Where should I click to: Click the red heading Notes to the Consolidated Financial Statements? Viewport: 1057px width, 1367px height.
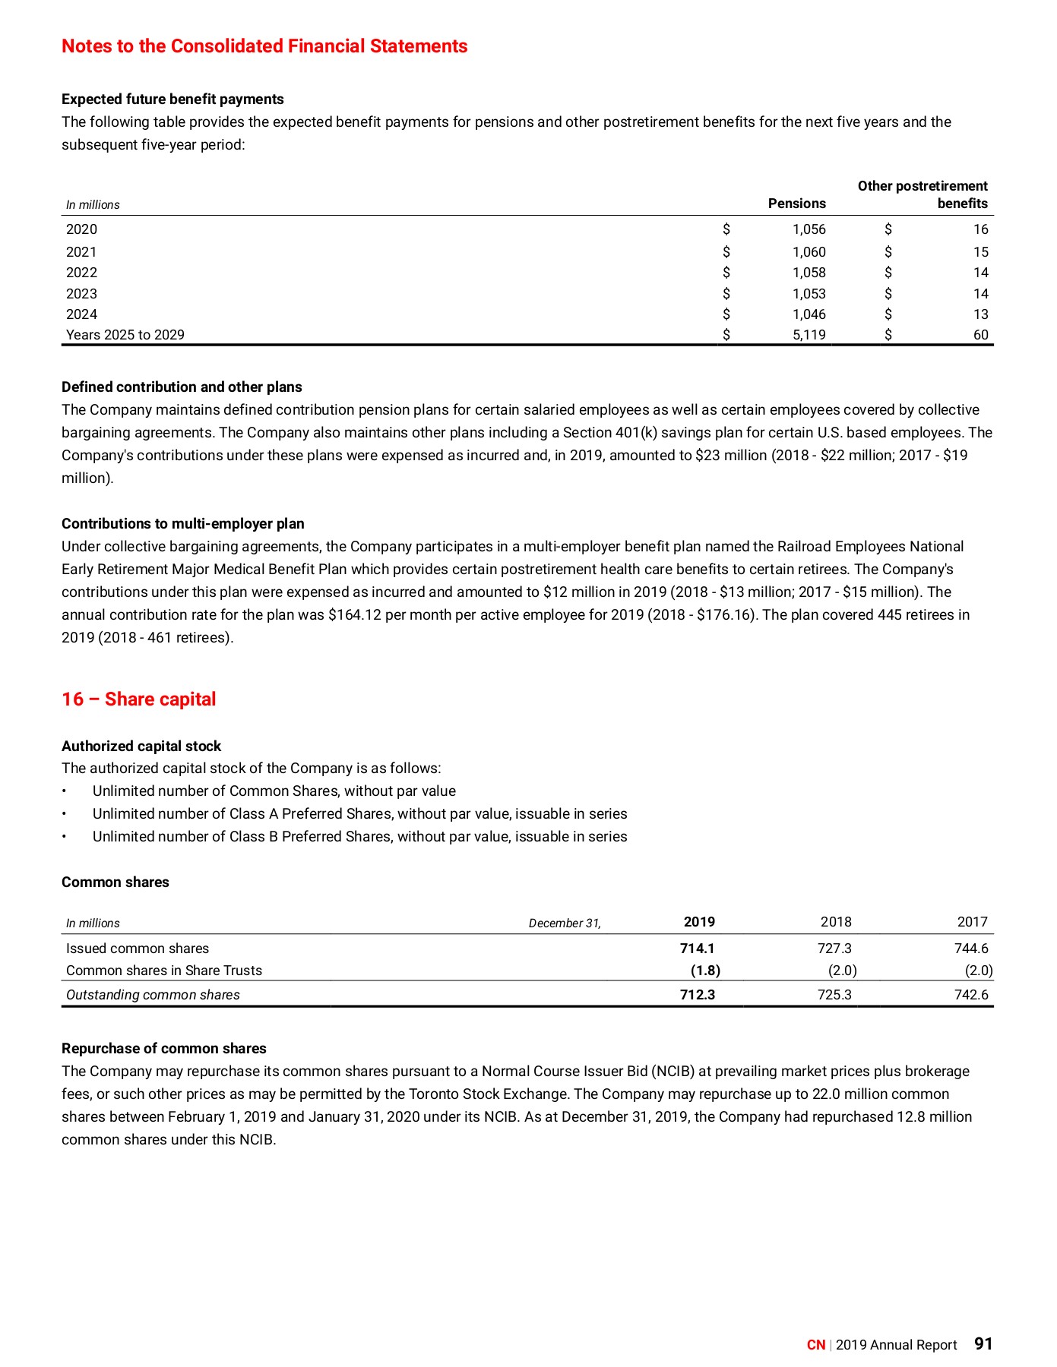tap(264, 46)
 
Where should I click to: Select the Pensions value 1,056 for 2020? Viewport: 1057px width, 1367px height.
tap(809, 229)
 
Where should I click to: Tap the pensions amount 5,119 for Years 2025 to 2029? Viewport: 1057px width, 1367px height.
tap(809, 335)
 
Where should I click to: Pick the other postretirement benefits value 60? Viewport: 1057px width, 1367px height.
tap(980, 335)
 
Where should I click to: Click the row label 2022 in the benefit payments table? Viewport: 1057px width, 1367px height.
tap(81, 273)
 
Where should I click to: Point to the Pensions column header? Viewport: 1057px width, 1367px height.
tap(796, 204)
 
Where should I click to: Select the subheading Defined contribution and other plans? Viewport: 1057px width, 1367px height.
tap(182, 387)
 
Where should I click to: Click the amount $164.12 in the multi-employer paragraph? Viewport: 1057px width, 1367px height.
tap(354, 615)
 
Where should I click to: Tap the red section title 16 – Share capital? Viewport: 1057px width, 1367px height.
tap(138, 699)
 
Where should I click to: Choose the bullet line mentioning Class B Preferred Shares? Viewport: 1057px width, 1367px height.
tap(359, 837)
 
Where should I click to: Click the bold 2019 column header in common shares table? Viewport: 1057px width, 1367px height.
tap(699, 922)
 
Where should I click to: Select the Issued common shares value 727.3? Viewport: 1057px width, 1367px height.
tap(834, 949)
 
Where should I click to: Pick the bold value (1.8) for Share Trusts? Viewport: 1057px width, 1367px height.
tap(705, 971)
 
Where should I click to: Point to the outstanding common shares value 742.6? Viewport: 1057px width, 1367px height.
tap(971, 995)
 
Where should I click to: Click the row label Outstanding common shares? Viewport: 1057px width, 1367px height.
tap(153, 995)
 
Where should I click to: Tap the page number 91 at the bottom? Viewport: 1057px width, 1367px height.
tap(983, 1344)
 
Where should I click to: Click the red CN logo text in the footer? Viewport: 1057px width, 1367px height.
tap(816, 1345)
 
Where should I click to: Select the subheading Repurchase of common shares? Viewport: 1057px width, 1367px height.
tap(164, 1049)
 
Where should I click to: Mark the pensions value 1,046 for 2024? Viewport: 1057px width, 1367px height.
tap(809, 314)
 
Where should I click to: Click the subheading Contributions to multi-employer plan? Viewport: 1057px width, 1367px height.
tap(183, 524)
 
